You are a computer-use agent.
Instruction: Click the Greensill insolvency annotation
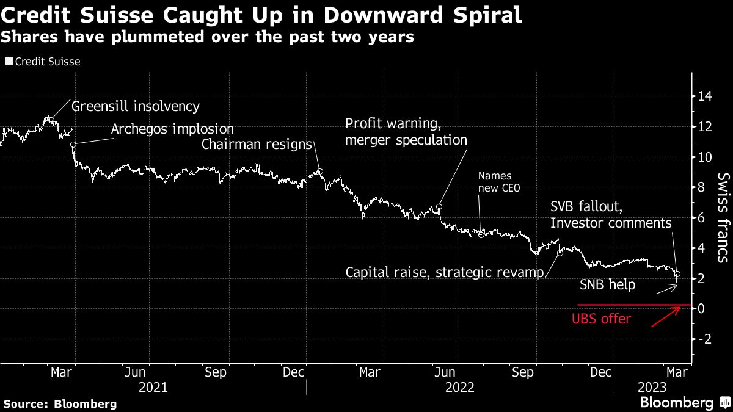click(x=136, y=106)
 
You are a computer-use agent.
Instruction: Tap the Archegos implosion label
click(x=173, y=129)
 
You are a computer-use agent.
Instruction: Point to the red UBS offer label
click(x=601, y=319)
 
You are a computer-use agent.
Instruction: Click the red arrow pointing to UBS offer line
click(x=666, y=317)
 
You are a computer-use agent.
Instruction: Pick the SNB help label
click(x=607, y=285)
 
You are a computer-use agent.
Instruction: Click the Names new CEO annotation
click(x=499, y=182)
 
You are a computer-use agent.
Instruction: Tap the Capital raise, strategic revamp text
click(x=444, y=272)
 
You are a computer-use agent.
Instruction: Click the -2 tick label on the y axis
click(x=706, y=339)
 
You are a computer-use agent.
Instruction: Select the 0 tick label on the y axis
click(x=703, y=309)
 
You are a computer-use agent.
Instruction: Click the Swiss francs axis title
click(x=723, y=217)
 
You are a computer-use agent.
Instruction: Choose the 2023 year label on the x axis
click(x=652, y=387)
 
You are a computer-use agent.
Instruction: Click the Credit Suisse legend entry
click(x=43, y=62)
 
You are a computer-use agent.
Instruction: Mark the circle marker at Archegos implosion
click(x=73, y=145)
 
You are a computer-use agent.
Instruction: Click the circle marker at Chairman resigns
click(x=319, y=172)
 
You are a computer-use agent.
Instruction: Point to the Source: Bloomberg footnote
click(x=59, y=403)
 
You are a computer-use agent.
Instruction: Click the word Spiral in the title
click(x=478, y=15)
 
